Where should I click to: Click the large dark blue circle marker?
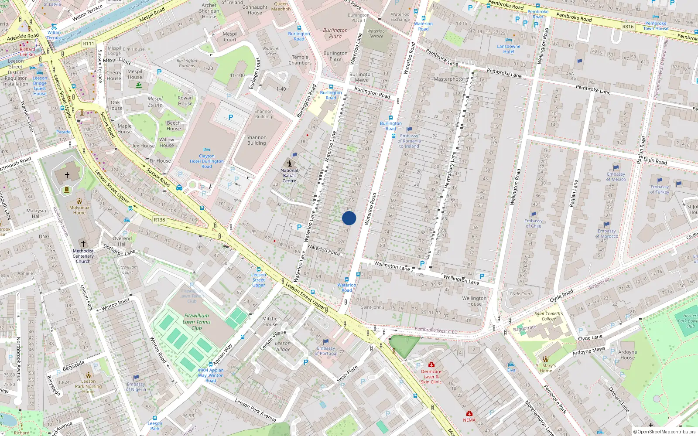tap(349, 218)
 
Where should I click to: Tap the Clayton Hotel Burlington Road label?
tap(207, 161)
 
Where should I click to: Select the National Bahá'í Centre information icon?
tap(289, 163)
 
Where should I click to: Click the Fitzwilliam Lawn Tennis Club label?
tap(196, 322)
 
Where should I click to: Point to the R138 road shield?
tap(159, 220)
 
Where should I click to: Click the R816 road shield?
tap(628, 27)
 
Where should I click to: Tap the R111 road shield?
tap(89, 44)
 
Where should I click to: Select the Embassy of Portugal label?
tap(326, 351)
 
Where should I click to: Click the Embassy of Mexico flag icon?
tap(616, 167)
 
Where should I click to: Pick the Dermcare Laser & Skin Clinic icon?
tap(431, 364)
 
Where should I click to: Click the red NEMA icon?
tap(469, 413)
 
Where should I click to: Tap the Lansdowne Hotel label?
tap(509, 49)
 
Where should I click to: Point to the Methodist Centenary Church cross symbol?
tap(83, 244)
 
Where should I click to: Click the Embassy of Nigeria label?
tap(136, 387)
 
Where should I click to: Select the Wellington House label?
tap(474, 301)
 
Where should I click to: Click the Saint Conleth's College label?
tap(549, 316)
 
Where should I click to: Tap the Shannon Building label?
tap(257, 140)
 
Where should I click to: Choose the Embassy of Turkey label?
tap(659, 189)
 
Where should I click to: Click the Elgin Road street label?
tap(655, 160)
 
